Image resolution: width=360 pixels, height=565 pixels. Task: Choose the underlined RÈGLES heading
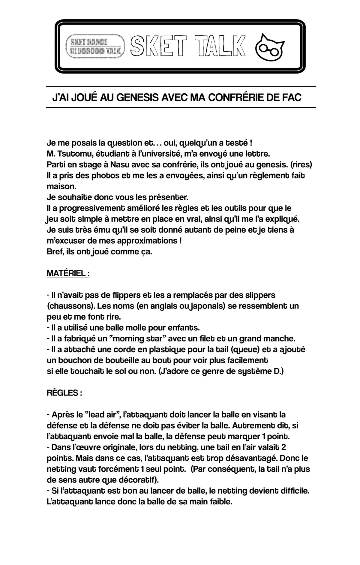point(64,393)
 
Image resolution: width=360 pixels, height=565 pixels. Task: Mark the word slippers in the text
point(258,295)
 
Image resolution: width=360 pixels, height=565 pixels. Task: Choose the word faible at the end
point(220,502)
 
